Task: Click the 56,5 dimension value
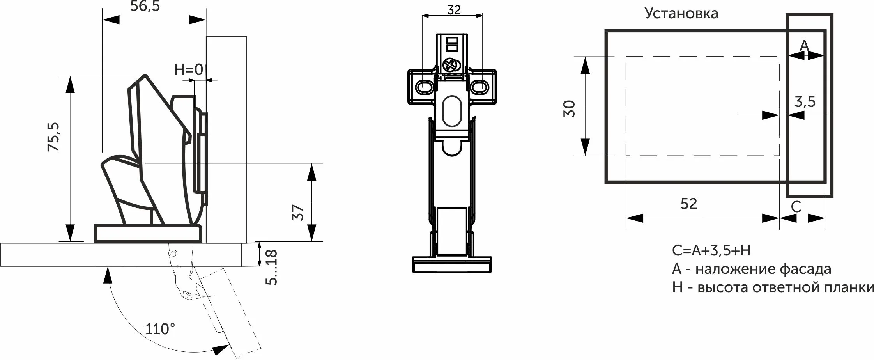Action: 145,6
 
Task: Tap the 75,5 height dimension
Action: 53,137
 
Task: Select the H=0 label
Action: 189,69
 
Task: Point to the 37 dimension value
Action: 298,213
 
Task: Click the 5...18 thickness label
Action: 271,268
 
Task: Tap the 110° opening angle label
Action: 160,329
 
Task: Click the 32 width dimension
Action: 454,10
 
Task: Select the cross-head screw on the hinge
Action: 451,64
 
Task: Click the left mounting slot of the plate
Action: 424,87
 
